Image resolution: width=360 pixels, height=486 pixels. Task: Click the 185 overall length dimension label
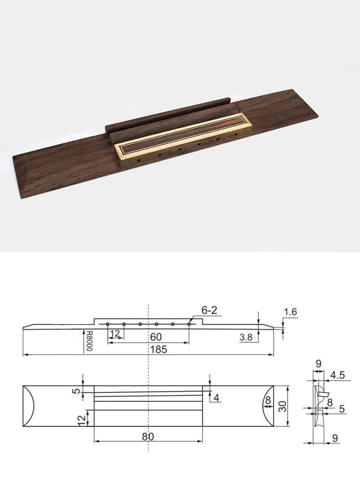[158, 349]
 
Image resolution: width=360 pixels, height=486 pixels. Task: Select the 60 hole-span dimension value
[156, 337]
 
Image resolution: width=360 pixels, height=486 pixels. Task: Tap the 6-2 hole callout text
[209, 310]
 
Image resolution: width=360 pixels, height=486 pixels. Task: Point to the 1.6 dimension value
[290, 312]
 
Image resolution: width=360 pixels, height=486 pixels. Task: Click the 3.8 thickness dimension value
[246, 337]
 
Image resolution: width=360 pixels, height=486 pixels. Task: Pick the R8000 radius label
[89, 340]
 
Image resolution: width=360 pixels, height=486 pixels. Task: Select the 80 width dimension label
[148, 437]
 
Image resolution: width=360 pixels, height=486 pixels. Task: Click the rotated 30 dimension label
[282, 406]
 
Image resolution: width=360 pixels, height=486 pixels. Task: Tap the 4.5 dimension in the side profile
[337, 375]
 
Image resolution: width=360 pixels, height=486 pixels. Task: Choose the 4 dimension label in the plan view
[216, 398]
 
